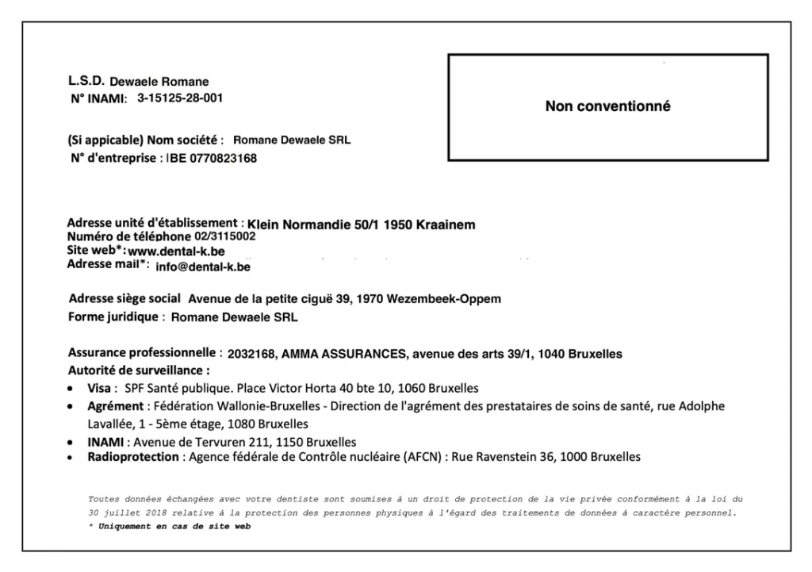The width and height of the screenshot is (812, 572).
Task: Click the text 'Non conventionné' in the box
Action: (607, 106)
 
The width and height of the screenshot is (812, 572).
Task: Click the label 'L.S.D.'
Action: (86, 80)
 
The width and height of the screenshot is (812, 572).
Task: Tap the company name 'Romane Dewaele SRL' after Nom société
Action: (292, 140)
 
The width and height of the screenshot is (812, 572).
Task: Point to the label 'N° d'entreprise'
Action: (113, 158)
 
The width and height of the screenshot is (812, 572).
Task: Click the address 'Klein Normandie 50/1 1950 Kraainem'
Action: (362, 225)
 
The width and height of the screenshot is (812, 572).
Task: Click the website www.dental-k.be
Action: (176, 251)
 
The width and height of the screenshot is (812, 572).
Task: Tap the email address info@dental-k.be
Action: (203, 267)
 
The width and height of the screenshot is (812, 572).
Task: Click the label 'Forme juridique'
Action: (114, 317)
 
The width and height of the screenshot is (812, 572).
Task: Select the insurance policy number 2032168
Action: (251, 354)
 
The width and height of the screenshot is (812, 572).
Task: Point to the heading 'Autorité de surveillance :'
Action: (139, 370)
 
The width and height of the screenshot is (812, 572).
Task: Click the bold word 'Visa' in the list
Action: (99, 389)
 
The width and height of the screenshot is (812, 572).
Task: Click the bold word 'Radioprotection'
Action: (134, 457)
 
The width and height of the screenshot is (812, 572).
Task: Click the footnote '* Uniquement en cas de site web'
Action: (170, 527)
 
